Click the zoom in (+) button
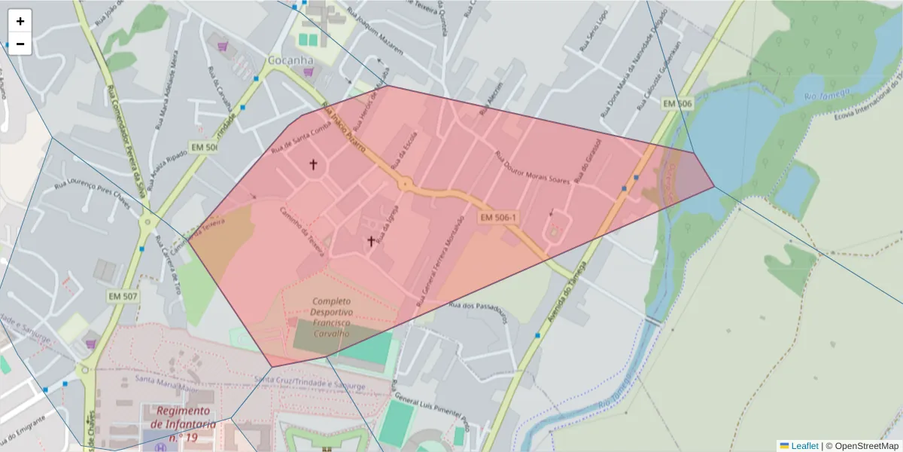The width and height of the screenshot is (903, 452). click(20, 21)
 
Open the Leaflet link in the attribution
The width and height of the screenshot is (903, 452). click(804, 446)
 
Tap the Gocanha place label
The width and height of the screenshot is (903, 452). click(290, 60)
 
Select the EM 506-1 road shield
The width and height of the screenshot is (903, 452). click(498, 218)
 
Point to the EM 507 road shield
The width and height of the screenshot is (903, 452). click(122, 296)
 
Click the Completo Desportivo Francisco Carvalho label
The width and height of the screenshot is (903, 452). click(333, 317)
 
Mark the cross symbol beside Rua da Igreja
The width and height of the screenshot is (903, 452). click(371, 241)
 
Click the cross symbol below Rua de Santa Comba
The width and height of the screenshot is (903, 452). click(313, 163)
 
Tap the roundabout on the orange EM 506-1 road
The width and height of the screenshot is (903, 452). click(406, 183)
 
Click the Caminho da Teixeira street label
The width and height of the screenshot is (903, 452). click(301, 230)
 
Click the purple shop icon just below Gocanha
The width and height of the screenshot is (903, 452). click(308, 72)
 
